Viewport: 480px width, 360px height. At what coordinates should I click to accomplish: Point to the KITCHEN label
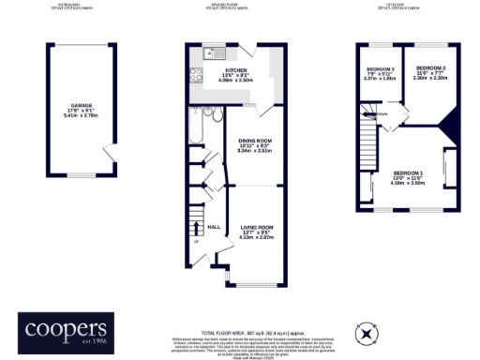[x=234, y=70]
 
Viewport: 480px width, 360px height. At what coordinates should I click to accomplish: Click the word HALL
[x=213, y=226]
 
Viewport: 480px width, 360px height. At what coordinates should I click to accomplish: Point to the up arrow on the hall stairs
[x=196, y=241]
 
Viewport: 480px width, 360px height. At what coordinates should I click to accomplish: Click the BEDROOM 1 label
[x=408, y=174]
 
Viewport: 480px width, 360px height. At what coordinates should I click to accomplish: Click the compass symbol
[x=367, y=332]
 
